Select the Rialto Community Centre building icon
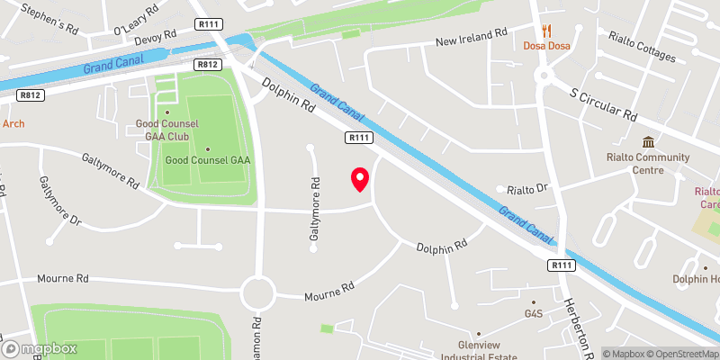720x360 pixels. tap(648, 142)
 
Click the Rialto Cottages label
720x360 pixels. tap(641, 49)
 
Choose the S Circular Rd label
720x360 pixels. tap(603, 104)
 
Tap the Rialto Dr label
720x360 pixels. tap(527, 189)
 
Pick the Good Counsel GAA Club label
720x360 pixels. tap(166, 130)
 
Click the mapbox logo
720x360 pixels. tap(40, 349)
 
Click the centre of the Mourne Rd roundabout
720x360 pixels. tap(258, 292)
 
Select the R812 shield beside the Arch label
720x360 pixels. tap(31, 94)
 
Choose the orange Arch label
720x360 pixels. tap(13, 124)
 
